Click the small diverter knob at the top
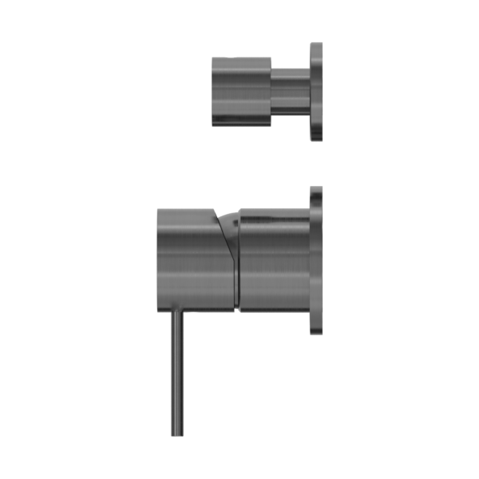point(241,92)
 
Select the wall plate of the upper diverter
point(316,92)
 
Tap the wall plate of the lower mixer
point(316,259)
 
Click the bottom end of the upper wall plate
point(316,140)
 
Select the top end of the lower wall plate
point(316,188)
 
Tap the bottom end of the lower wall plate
point(316,333)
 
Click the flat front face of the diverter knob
point(213,92)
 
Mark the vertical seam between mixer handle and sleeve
point(237,263)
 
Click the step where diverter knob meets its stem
point(271,92)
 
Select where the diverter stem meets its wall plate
point(310,92)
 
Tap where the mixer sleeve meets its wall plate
point(310,259)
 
